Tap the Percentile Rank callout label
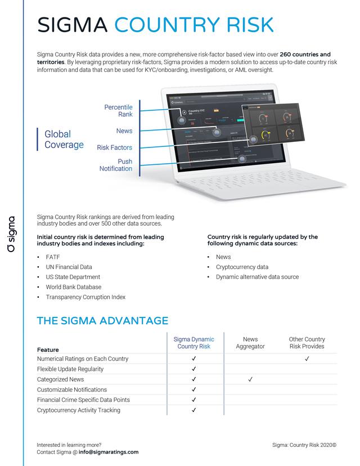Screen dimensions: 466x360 click(118, 111)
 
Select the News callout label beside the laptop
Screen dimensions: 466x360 click(124, 131)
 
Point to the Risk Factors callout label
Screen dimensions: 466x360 click(114, 147)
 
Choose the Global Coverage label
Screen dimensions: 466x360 click(64, 140)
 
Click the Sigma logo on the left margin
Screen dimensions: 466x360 click(12, 233)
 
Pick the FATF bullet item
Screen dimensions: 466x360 click(53, 257)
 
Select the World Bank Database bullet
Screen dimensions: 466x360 click(73, 287)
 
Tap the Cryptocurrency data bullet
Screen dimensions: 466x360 click(242, 267)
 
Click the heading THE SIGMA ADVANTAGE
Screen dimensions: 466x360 click(102, 321)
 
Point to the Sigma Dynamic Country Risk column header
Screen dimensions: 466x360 click(193, 343)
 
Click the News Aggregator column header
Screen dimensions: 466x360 click(250, 343)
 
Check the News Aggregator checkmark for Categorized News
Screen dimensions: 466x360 click(250, 379)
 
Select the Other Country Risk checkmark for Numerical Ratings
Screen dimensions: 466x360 click(307, 359)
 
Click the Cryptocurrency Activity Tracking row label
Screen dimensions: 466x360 click(78, 410)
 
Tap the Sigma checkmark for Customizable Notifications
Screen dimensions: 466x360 click(193, 389)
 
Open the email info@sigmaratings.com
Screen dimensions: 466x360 click(109, 452)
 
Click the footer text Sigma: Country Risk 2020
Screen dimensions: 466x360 click(304, 445)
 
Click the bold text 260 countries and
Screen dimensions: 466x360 click(305, 55)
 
